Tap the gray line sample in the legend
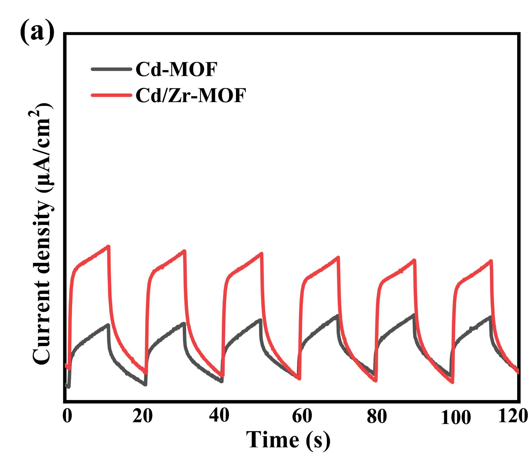click(111, 69)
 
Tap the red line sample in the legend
click(111, 95)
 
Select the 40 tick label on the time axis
click(219, 416)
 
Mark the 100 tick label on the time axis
click(456, 418)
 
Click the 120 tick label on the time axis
click(513, 416)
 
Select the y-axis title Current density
click(43, 234)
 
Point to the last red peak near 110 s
click(491, 261)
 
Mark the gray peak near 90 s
click(413, 315)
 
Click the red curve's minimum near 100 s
click(452, 383)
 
